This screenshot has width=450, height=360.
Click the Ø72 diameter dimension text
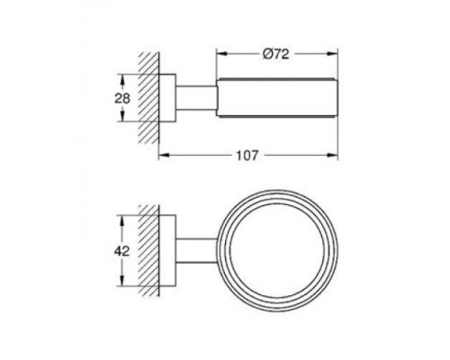[275, 54]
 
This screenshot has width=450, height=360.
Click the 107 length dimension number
[247, 156]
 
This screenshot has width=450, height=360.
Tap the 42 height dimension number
[125, 251]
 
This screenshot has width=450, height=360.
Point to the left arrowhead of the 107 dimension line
[162, 156]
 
